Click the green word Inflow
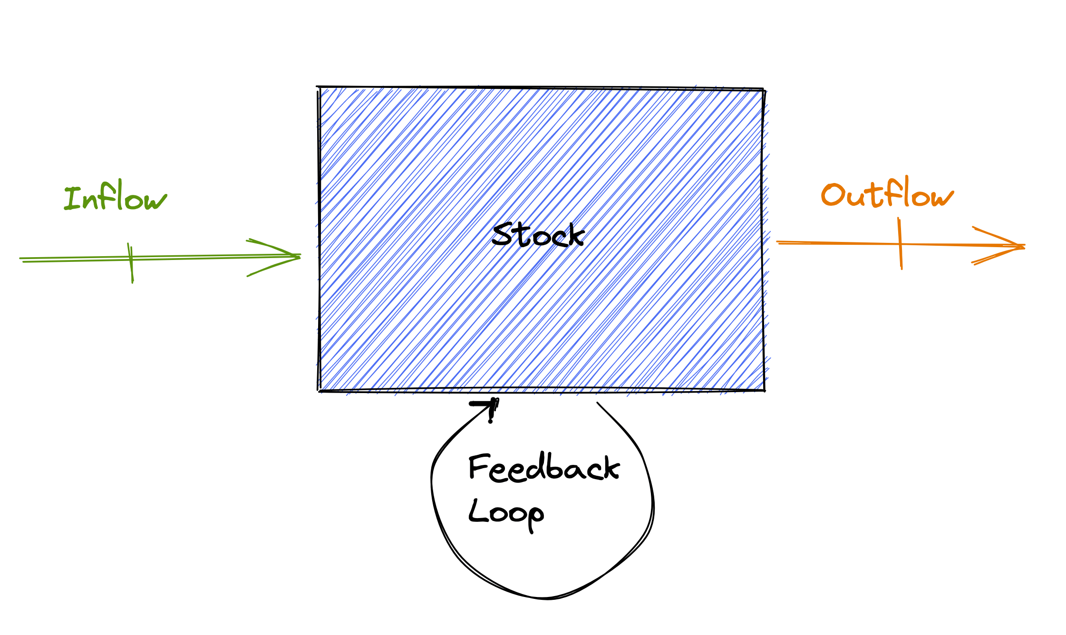pyautogui.click(x=116, y=197)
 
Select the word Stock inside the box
pyautogui.click(x=538, y=235)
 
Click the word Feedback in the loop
pyautogui.click(x=544, y=468)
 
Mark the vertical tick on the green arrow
pyautogui.click(x=131, y=263)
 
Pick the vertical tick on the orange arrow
pyautogui.click(x=900, y=243)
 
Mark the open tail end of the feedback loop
pyautogui.click(x=598, y=404)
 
